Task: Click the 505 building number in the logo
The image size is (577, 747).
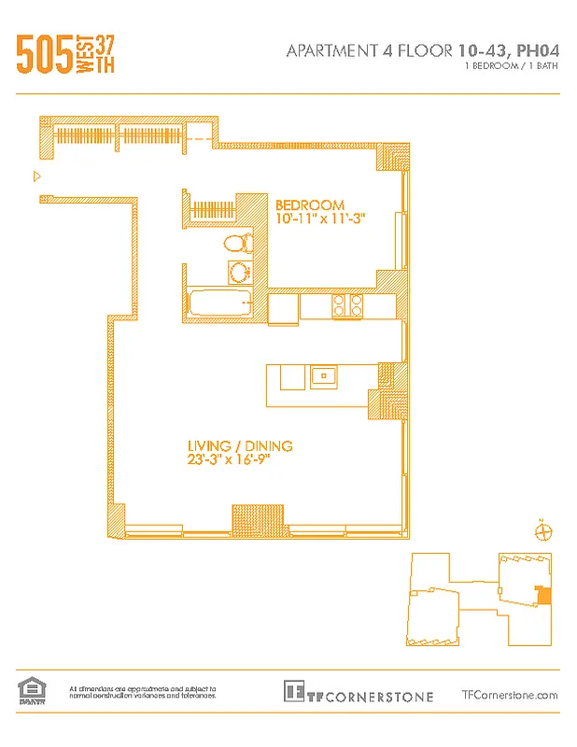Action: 43,55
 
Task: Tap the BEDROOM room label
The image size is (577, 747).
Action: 309,204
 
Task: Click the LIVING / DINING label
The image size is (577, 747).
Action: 240,445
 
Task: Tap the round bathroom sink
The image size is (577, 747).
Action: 240,273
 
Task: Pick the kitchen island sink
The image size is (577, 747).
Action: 324,376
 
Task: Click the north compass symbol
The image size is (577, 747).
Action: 541,531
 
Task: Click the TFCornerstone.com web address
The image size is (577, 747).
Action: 510,694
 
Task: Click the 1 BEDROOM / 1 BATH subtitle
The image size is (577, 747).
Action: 511,67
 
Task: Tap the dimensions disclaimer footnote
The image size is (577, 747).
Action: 143,692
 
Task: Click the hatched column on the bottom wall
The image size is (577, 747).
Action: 250,518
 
